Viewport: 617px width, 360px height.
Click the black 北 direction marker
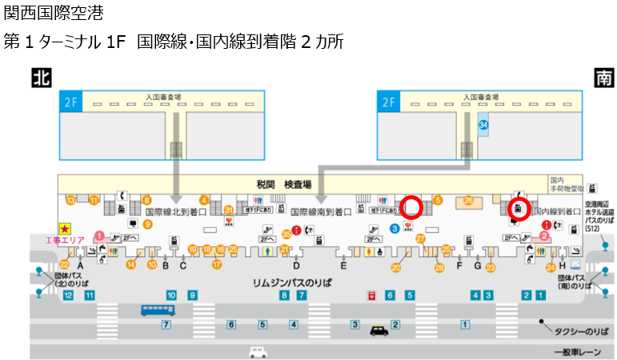coord(42,77)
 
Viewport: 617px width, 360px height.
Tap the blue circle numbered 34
coord(483,125)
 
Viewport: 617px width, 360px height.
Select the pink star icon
coord(64,228)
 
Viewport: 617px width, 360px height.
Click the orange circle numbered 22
coord(66,263)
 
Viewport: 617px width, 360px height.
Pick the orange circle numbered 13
coord(70,199)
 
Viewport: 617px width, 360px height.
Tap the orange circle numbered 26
coord(468,200)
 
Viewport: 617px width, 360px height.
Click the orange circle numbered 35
coord(286,234)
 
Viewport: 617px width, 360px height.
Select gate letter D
coord(296,265)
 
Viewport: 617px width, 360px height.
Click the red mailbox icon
coord(371,295)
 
